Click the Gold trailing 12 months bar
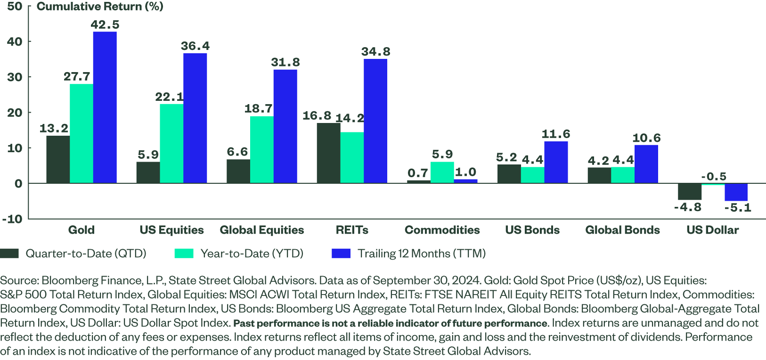click(x=105, y=107)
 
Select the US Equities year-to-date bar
click(x=171, y=143)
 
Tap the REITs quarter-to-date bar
click(x=328, y=153)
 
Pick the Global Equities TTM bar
click(x=285, y=126)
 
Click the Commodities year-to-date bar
click(x=442, y=172)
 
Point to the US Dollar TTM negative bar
click(x=736, y=192)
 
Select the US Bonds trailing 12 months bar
click(x=556, y=162)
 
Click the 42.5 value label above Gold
click(x=105, y=25)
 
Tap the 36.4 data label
click(x=195, y=46)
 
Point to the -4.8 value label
click(x=687, y=207)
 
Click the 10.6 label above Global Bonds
click(x=646, y=138)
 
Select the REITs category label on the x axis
click(x=352, y=230)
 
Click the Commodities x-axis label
click(x=442, y=230)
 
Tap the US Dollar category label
click(x=712, y=230)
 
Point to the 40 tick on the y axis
click(x=15, y=41)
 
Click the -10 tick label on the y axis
click(x=12, y=219)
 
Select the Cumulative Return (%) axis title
click(x=100, y=7)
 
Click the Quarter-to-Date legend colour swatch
click(x=9, y=254)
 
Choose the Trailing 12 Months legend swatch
click(x=341, y=254)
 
